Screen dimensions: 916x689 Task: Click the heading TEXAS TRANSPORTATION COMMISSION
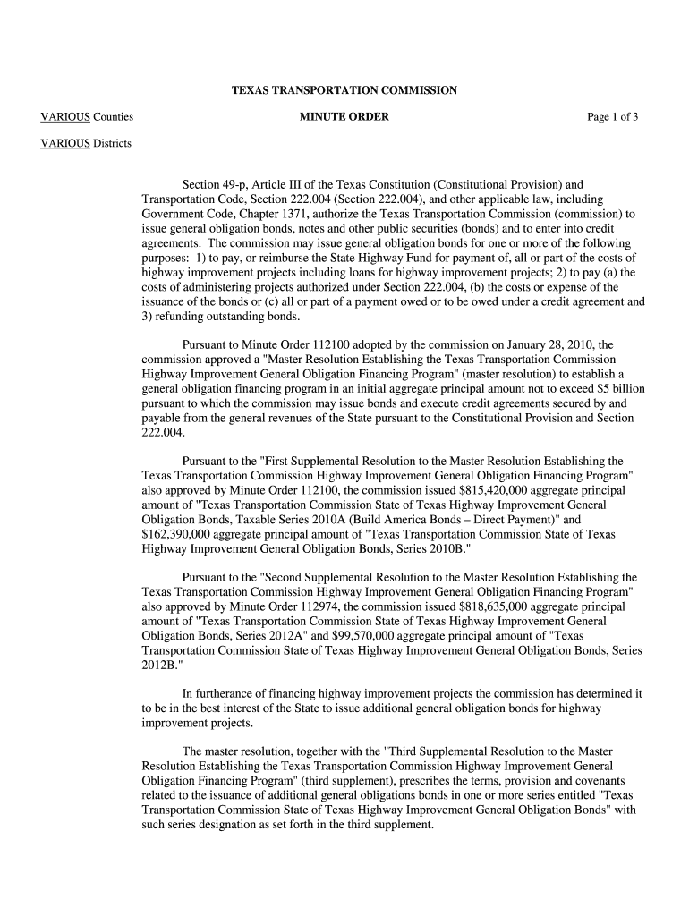[344, 90]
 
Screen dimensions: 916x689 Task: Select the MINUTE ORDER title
[344, 117]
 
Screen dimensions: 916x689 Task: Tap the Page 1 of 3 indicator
[612, 117]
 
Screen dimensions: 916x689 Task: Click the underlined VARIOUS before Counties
[65, 117]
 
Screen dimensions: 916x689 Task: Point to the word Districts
[113, 143]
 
